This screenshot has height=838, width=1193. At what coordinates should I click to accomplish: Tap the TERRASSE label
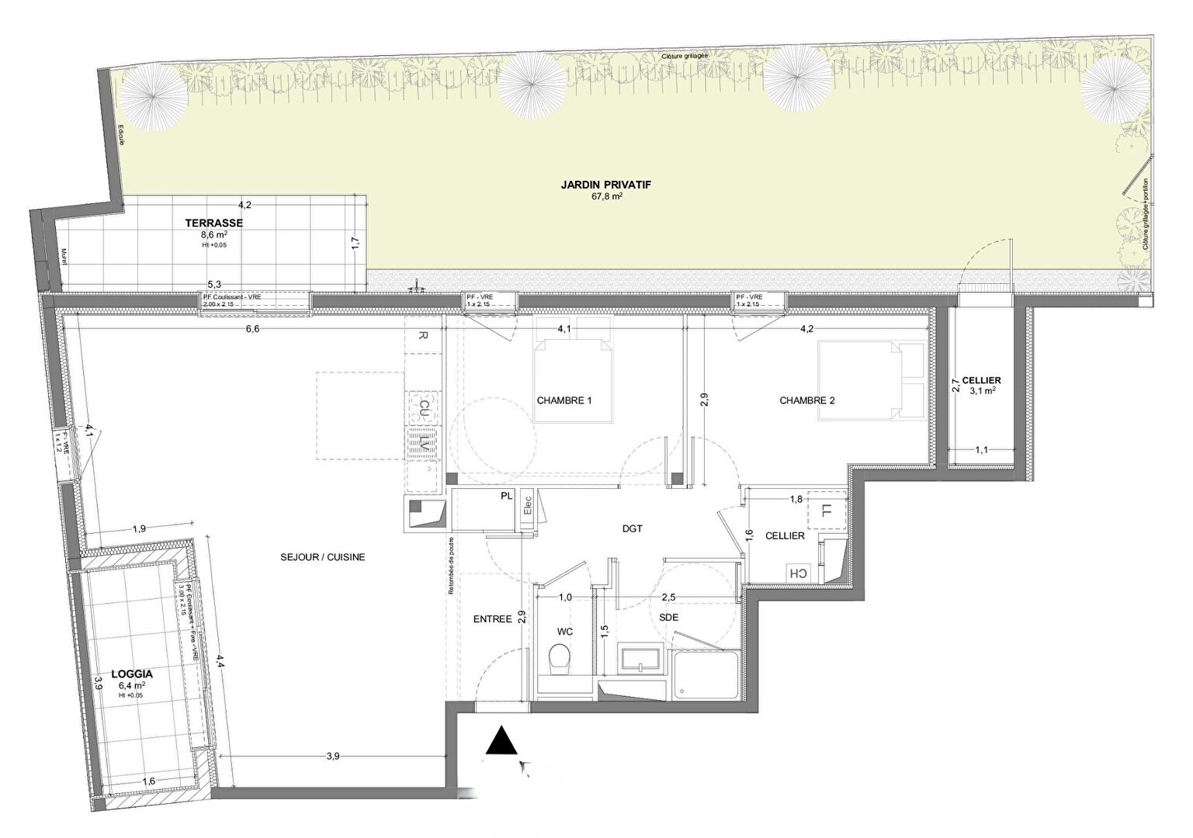tap(213, 223)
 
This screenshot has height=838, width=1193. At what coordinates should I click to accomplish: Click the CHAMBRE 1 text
tap(564, 401)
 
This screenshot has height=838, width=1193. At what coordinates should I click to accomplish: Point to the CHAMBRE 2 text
tap(807, 401)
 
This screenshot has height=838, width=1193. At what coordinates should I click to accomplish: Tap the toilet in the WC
tap(558, 663)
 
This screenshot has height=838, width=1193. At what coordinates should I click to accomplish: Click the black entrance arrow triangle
tap(502, 741)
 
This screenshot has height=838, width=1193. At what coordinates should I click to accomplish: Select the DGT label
tap(633, 529)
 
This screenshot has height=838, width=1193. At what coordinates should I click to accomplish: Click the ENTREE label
tap(492, 619)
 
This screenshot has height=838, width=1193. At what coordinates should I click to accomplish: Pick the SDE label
tap(669, 617)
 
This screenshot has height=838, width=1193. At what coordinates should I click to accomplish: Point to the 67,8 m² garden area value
tap(608, 197)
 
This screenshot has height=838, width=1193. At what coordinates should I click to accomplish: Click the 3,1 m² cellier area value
tap(981, 391)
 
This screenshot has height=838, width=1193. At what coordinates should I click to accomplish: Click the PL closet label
tap(506, 494)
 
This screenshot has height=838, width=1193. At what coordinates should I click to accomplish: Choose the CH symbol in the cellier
tap(797, 573)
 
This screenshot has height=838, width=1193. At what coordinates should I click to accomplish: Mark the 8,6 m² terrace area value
tap(214, 234)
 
